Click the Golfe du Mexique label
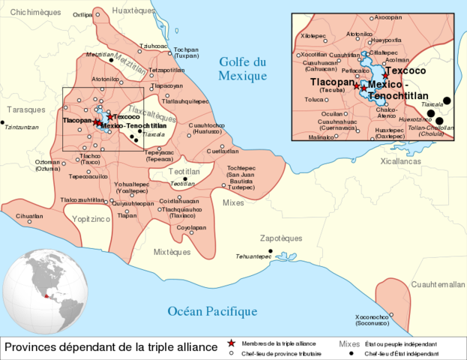242,69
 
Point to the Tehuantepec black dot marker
271,251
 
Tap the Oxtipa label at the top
82,14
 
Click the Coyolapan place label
191,227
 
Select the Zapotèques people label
280,238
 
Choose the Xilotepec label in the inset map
313,35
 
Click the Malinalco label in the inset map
321,137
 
